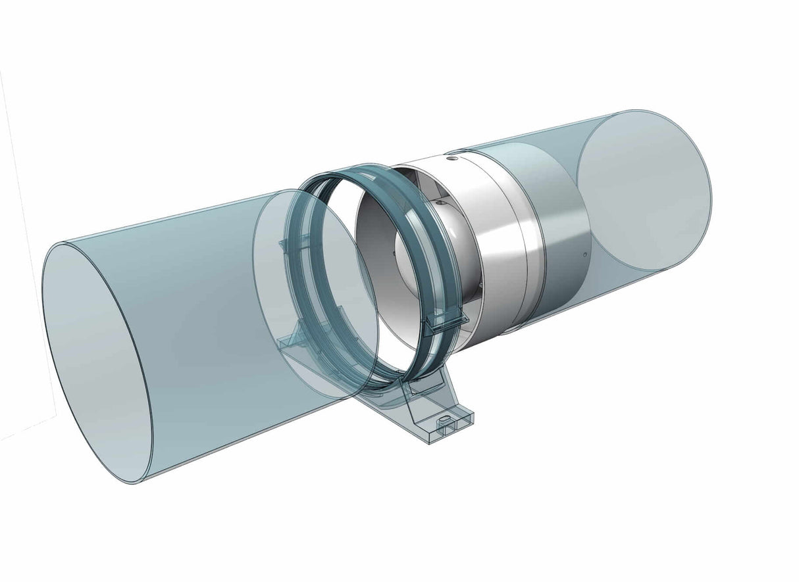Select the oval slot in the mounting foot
tap(444, 418)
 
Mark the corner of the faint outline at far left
tap(55, 414)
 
